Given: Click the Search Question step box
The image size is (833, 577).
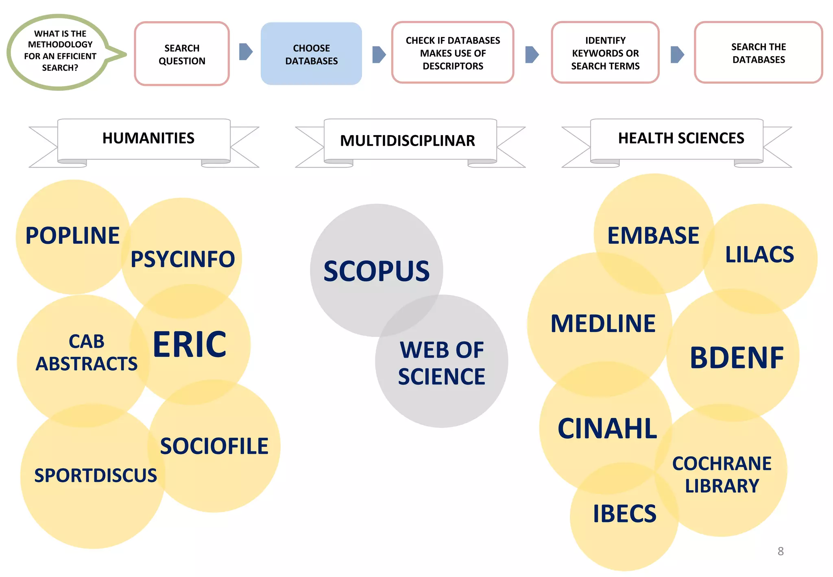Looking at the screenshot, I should [x=182, y=54].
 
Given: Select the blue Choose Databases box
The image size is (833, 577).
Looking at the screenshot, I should [x=311, y=54].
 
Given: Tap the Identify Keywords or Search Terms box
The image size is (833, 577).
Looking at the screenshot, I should [x=605, y=53].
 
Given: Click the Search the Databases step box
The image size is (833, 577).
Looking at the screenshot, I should [x=758, y=53].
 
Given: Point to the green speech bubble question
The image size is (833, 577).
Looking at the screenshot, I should [x=60, y=51].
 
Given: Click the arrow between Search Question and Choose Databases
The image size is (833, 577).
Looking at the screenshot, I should [x=246, y=52].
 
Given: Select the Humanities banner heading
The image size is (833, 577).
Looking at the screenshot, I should [x=148, y=138].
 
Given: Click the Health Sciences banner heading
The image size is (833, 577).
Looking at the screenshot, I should [x=681, y=138].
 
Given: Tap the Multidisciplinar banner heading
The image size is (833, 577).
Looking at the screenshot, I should [x=408, y=141].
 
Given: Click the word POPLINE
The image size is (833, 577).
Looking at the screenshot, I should [x=72, y=236].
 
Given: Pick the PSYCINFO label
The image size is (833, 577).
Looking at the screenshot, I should [x=183, y=259].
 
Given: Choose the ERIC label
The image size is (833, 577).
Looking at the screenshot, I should [x=190, y=345].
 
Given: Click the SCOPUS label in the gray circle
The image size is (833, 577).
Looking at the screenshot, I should [x=376, y=271].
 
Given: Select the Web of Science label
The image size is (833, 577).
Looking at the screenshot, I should [x=442, y=363].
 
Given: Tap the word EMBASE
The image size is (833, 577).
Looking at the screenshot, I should [x=653, y=236].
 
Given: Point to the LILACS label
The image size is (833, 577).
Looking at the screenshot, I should [x=759, y=255].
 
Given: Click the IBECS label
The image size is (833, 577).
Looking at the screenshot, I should [x=624, y=514].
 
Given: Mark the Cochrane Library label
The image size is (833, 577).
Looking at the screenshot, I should [x=722, y=474].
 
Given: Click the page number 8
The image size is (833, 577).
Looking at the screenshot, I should [x=781, y=551].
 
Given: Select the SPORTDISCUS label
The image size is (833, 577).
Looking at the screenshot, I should [x=96, y=476].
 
